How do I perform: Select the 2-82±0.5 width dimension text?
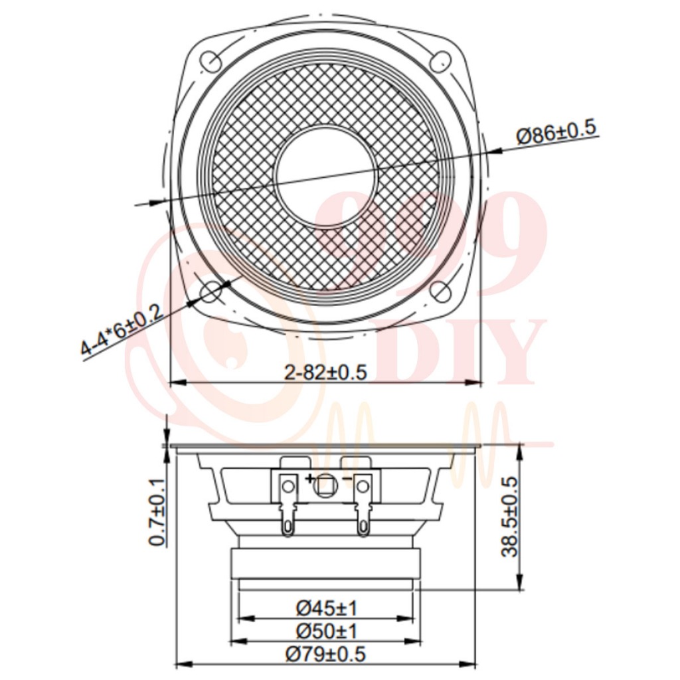325,373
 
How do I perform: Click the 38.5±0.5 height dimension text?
509,517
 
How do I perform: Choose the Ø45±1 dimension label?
327,608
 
